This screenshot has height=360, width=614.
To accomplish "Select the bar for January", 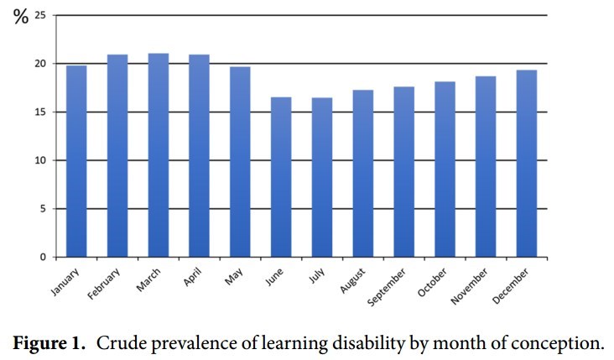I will tap(76, 161).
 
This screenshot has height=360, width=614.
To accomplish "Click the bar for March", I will tap(159, 155).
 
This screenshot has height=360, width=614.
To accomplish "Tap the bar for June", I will tap(281, 177).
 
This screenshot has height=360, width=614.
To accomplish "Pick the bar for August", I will tap(363, 173).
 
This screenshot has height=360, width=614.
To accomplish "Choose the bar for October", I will tap(445, 169).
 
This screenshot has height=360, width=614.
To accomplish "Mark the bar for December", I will tap(527, 164).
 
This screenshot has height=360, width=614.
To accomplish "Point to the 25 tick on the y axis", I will tap(39, 15).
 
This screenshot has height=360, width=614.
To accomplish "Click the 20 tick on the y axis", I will tap(39, 64).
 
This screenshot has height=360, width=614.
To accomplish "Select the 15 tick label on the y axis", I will tap(39, 112).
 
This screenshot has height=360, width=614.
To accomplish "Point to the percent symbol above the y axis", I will tap(20, 17).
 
